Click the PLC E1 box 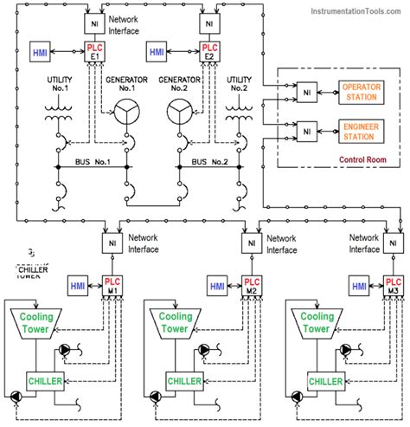tap(94, 52)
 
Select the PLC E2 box tap(208, 52)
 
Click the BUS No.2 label tap(210, 162)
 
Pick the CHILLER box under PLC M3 tap(328, 381)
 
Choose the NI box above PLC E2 tap(208, 20)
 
